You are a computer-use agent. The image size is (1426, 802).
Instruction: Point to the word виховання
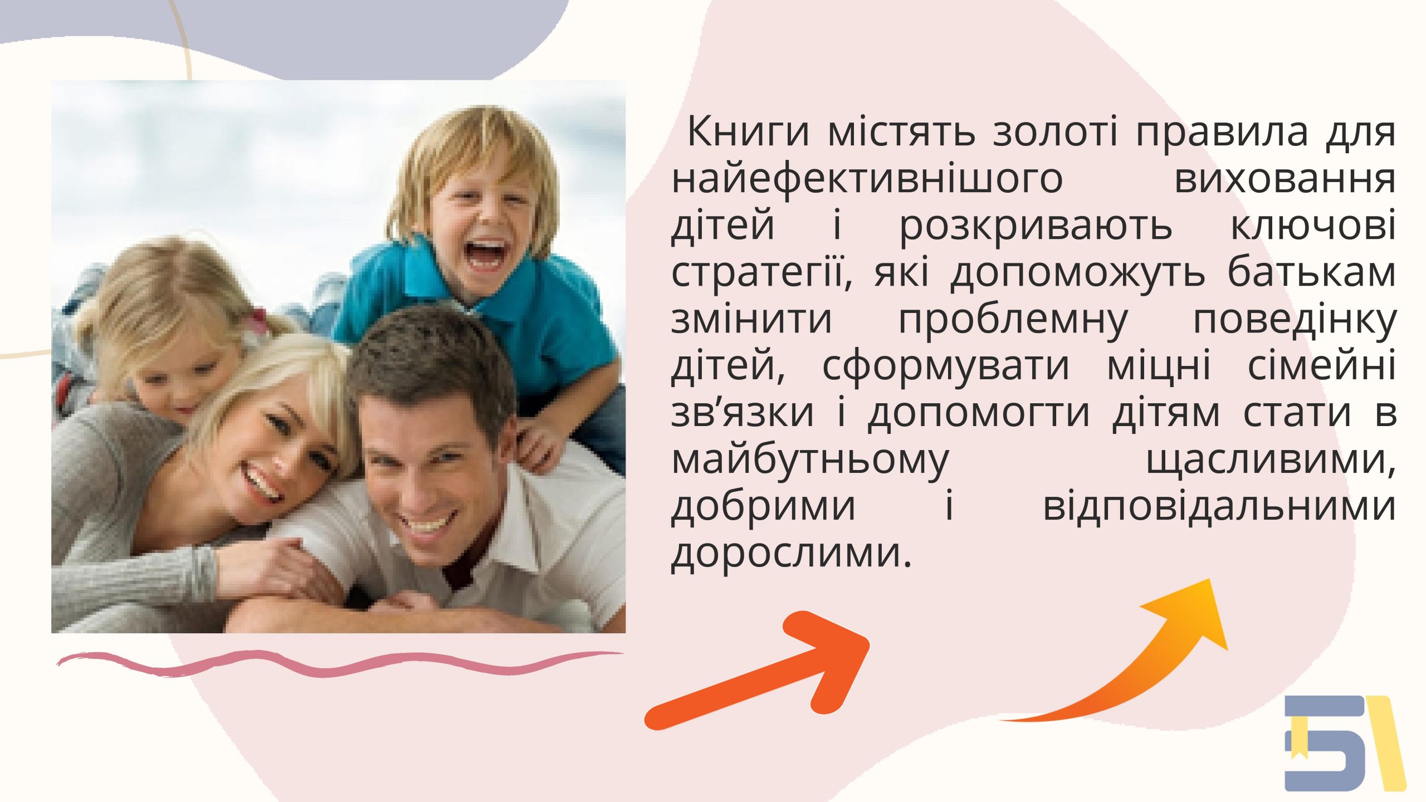(1285, 180)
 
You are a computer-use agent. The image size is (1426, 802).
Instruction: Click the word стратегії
(761, 273)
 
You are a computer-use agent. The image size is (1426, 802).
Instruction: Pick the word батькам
(1312, 272)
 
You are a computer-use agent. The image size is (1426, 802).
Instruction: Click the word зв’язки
(743, 414)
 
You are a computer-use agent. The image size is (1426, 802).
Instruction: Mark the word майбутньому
(810, 461)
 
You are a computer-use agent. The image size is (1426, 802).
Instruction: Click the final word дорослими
(792, 555)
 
